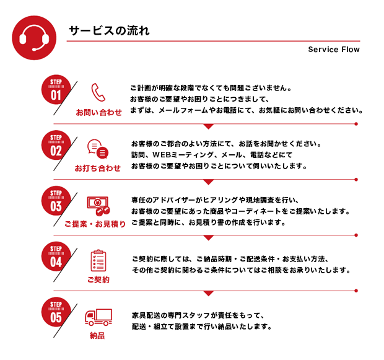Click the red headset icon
point(34,38)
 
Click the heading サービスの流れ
point(109,30)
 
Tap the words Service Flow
point(334,50)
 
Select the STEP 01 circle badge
point(56,89)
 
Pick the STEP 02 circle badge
point(56,145)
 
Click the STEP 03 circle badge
point(56,201)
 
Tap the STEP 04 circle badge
point(56,257)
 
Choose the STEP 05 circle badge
point(56,312)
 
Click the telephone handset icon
point(98,92)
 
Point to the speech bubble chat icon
point(98,149)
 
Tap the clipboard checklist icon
point(98,260)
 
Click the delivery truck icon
point(98,317)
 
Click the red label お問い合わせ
point(98,113)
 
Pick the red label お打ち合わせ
point(98,168)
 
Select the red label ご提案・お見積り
point(95,224)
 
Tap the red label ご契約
point(98,279)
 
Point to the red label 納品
point(97,335)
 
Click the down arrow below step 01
point(208,126)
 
